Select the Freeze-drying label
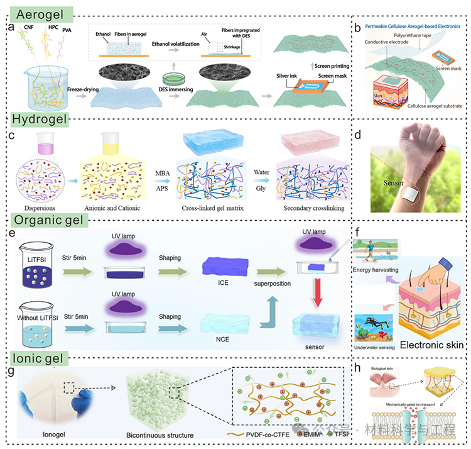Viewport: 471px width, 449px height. [x=84, y=90]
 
